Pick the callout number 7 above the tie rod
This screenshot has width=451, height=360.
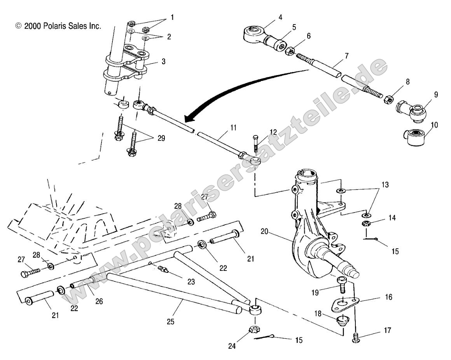point(346,56)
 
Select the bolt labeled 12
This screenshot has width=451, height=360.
point(255,145)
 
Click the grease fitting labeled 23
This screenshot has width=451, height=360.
point(163,269)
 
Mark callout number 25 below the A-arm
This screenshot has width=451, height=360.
point(170,321)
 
